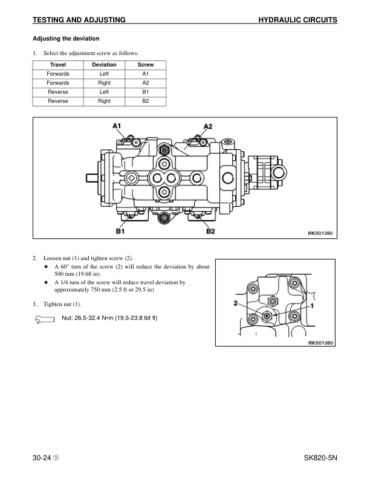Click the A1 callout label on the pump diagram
(x=117, y=126)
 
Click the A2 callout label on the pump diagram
(x=207, y=126)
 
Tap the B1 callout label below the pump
(x=120, y=230)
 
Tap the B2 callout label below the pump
(x=211, y=230)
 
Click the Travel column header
(x=58, y=65)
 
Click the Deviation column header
(x=104, y=65)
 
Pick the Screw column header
(x=146, y=65)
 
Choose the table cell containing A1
(x=146, y=74)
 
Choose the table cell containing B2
(x=146, y=101)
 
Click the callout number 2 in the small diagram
(x=235, y=302)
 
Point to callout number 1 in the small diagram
(x=311, y=306)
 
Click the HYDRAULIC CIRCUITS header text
(x=297, y=20)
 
